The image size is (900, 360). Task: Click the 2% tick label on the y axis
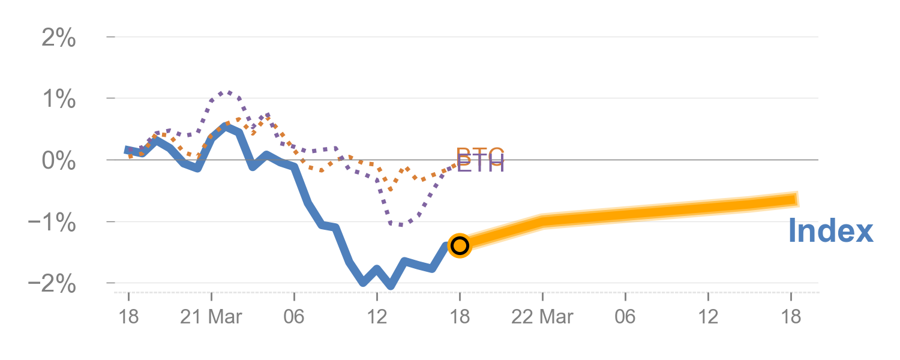[58, 39]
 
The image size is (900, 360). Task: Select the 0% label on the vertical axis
[58, 161]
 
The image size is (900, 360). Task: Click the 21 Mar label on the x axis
[211, 316]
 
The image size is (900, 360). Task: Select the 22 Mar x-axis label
[542, 316]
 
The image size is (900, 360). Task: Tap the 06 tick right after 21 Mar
[294, 316]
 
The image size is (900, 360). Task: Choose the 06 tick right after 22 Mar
[625, 316]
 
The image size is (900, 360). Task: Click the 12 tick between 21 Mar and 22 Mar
[377, 316]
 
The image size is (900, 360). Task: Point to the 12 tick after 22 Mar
[708, 316]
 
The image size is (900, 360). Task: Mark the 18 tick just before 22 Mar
[460, 316]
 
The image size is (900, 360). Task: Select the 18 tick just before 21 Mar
[128, 316]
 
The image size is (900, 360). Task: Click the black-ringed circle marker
[460, 245]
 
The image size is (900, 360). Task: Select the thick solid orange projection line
[660, 211]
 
